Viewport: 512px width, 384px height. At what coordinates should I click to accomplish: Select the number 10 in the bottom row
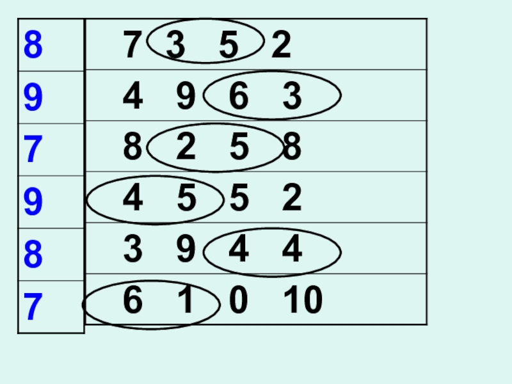coord(303,301)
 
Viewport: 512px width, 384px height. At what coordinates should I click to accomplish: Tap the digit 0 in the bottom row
coord(237,301)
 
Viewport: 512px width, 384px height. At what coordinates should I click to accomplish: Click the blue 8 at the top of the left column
coord(33,46)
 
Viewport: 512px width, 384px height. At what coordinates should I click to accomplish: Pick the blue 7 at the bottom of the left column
coord(33,308)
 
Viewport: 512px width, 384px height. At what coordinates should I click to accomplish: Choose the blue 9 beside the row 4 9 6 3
coord(33,98)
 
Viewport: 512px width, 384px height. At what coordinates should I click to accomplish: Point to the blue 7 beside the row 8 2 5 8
coord(33,150)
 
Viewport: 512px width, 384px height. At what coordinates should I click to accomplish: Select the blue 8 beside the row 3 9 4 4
coord(33,255)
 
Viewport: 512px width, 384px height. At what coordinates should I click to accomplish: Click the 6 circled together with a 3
coord(237,97)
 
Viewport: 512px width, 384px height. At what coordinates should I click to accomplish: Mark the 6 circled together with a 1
coord(132,301)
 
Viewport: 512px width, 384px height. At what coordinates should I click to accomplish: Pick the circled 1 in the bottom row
coord(186,301)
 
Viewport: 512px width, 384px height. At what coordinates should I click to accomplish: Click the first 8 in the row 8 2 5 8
coord(132,148)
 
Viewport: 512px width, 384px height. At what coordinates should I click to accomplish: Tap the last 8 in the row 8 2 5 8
coord(292,148)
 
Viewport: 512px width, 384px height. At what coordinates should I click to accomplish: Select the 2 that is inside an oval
coord(186,148)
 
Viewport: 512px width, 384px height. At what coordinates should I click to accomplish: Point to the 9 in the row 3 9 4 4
coord(186,250)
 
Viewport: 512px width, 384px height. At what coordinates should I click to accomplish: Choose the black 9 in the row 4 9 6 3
coord(186,97)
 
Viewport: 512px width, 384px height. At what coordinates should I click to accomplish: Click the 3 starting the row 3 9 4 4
coord(132,250)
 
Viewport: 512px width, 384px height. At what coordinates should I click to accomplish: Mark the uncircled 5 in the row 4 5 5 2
coord(237,199)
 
